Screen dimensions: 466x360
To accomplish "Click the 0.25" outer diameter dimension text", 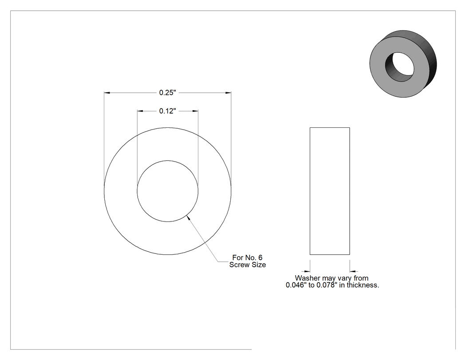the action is (168, 93).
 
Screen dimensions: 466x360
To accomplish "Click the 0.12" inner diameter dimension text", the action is (168, 111).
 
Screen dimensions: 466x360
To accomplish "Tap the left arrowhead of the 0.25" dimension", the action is (107, 93).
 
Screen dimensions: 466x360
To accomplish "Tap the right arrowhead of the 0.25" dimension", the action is (228, 93).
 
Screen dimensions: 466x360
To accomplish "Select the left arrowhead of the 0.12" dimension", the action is (140, 111).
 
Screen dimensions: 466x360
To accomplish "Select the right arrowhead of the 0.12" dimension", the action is (195, 111).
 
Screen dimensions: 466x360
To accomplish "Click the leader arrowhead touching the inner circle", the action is (188, 218).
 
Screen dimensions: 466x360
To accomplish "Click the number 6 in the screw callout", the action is (261, 258).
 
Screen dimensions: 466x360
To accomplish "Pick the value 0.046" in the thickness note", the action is (296, 285).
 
